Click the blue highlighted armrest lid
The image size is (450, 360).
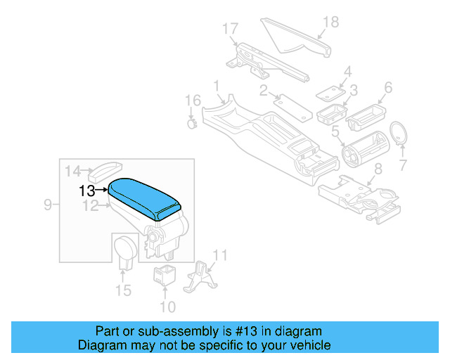tap(144, 196)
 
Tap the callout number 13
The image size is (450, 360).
tap(87, 191)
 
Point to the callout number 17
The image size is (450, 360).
tap(231, 29)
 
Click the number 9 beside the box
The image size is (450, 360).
tap(48, 205)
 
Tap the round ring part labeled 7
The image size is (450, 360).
tap(400, 133)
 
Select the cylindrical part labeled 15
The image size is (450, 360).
tap(125, 250)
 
